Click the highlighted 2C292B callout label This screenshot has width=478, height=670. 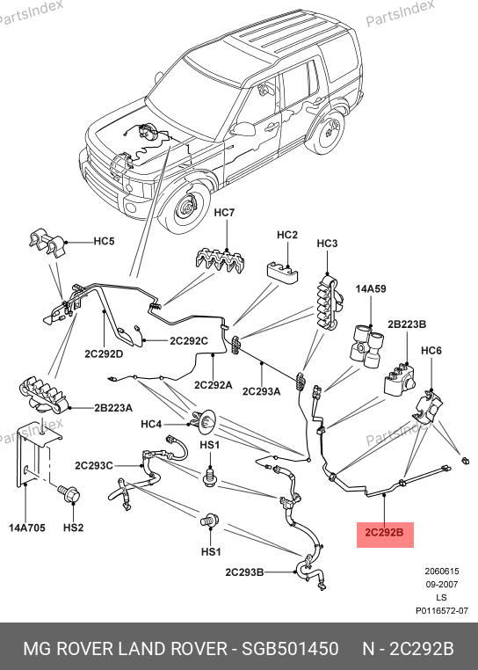pos(384,533)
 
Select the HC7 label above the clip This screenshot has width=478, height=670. pos(224,213)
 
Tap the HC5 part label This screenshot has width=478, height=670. pos(105,241)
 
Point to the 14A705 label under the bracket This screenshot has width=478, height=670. pos(27,528)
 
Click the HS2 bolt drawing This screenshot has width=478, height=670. pos(70,494)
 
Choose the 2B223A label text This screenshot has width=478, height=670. pos(113,408)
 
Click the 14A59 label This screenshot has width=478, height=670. pos(371,289)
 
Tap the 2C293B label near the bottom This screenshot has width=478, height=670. pos(244,572)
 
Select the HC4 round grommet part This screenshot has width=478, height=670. pos(205,421)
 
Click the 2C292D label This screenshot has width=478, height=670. pos(104,353)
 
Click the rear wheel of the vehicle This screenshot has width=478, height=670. pos(326,132)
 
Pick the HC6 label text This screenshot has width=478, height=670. pos(431,351)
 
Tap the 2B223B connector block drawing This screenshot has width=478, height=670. pos(399,379)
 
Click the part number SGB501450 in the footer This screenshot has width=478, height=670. pos(290,649)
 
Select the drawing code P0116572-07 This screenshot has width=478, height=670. pos(442,611)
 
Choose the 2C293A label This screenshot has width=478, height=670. pos(262,391)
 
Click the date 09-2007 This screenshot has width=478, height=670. pos(442,584)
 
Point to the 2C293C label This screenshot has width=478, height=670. pos(94,465)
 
